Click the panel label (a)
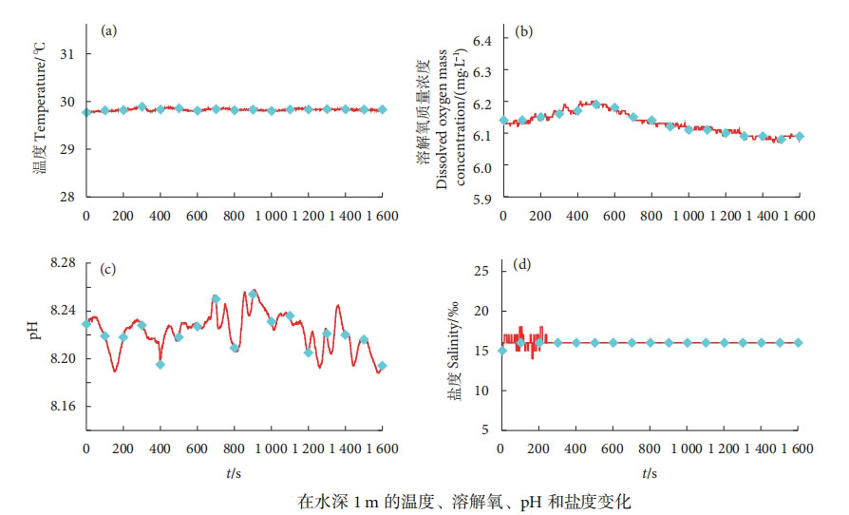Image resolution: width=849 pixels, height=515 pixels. click(109, 30)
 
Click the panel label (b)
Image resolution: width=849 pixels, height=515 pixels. click(523, 30)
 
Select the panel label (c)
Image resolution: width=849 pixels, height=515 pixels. click(108, 269)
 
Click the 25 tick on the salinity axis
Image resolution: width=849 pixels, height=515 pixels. click(481, 271)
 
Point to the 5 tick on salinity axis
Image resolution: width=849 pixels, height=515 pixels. click(484, 430)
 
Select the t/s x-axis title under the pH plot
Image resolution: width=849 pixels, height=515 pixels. click(235, 472)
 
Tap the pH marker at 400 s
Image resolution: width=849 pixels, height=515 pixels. click(160, 364)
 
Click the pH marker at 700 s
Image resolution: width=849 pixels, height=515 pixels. click(216, 298)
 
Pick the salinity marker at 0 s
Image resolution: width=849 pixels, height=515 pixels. click(502, 351)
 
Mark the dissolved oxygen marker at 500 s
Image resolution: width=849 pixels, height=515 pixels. click(595, 105)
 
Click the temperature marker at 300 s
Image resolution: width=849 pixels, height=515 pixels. click(141, 106)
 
